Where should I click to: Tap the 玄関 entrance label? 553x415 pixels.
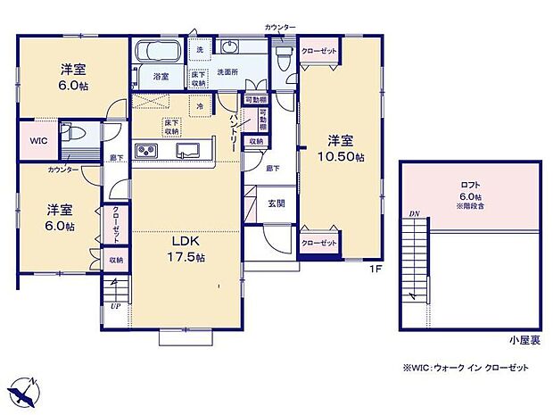point(277,203)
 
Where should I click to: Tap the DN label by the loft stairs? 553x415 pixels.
point(414,215)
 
